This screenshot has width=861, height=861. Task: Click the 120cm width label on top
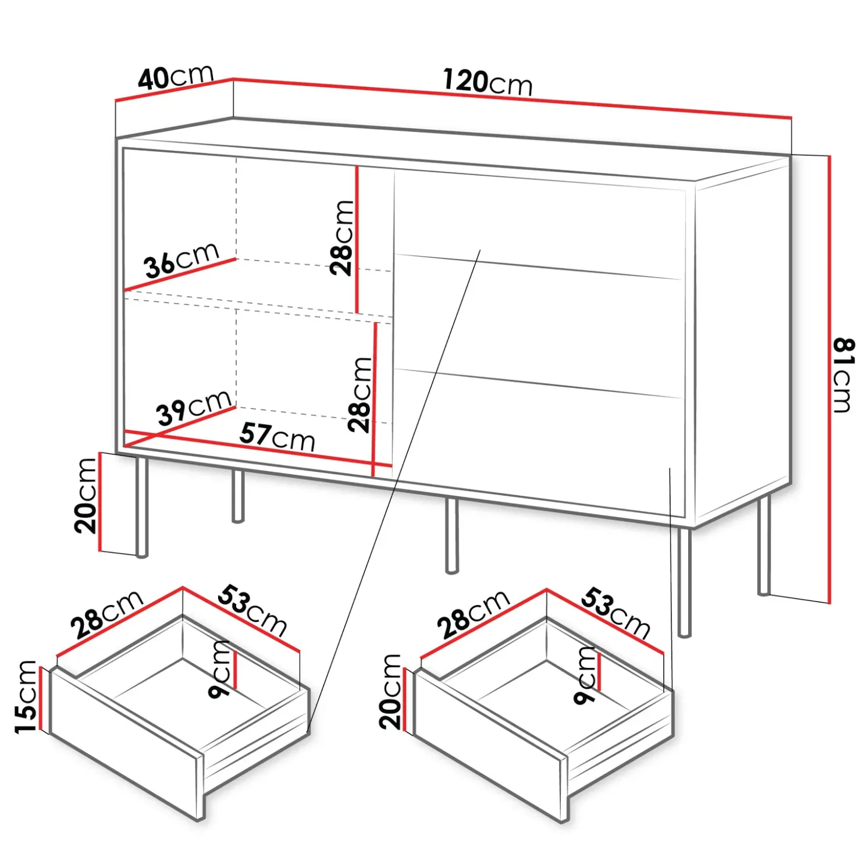click(x=488, y=81)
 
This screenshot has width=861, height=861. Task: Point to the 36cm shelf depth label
click(x=182, y=259)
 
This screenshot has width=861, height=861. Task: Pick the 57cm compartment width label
click(x=277, y=437)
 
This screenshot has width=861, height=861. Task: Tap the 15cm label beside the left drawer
click(x=26, y=696)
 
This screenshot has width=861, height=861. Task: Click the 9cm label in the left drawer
click(x=220, y=669)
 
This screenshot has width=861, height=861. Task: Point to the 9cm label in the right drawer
click(x=585, y=675)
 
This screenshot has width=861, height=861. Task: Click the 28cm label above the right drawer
click(x=473, y=614)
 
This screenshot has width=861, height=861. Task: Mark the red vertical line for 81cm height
click(x=829, y=379)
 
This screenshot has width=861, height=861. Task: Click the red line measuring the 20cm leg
click(x=100, y=502)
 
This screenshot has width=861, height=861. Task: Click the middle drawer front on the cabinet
click(x=538, y=326)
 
